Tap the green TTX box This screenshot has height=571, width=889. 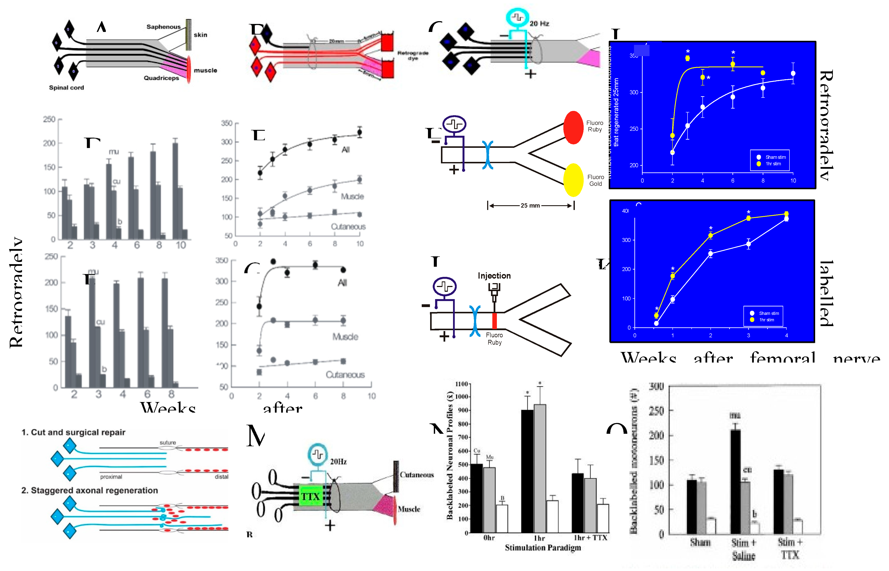point(310,497)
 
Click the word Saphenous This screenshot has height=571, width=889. point(163,27)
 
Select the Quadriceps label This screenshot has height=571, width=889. point(161,78)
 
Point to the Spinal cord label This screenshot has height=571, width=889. point(67,87)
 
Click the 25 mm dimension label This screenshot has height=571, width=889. point(530,205)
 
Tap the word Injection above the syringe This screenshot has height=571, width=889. point(494,276)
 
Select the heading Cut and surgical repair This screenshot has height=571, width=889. point(78,432)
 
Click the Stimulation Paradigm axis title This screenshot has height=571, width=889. point(542,548)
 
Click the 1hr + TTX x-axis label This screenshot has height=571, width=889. point(590,538)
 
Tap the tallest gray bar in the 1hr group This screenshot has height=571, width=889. point(539,467)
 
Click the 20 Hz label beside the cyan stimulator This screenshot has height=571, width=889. point(539,23)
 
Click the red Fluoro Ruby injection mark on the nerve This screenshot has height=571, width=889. point(494,321)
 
